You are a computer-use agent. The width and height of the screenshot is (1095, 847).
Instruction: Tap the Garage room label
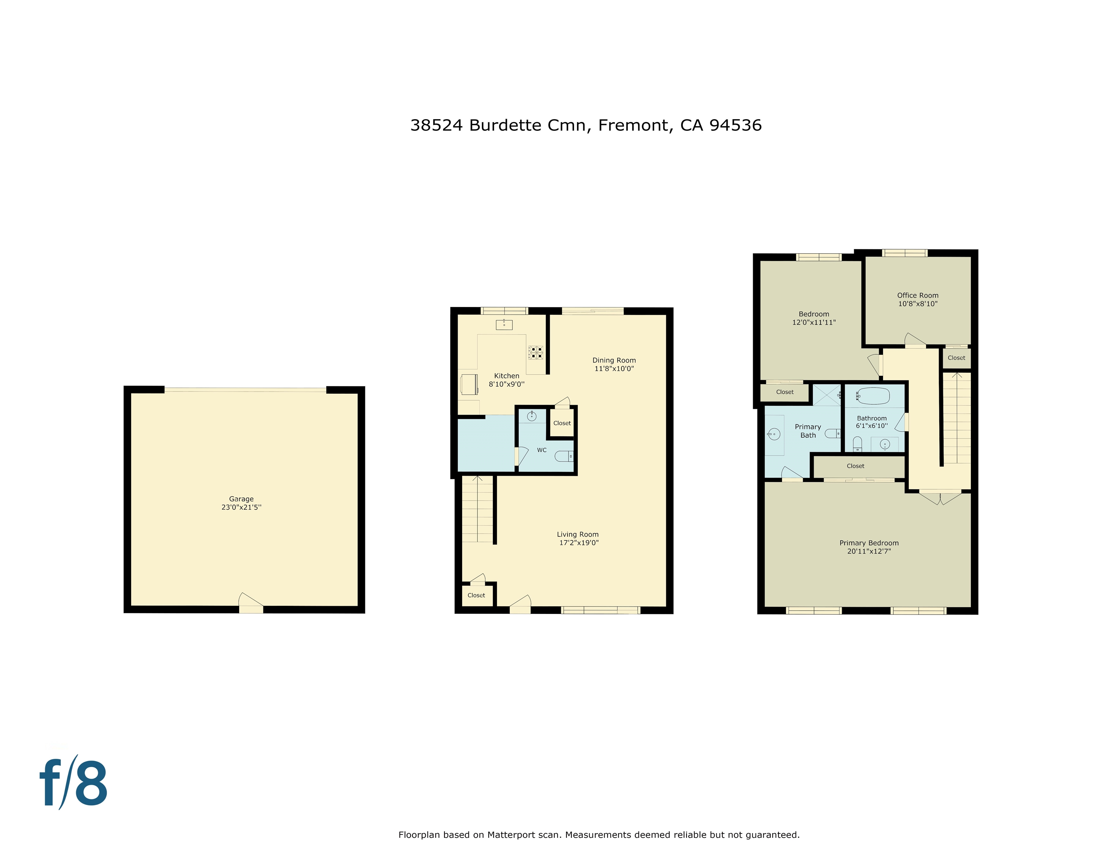click(241, 499)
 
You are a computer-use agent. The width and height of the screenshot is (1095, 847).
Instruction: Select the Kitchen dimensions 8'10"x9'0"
click(507, 385)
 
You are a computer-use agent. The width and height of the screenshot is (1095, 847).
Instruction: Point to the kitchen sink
click(504, 325)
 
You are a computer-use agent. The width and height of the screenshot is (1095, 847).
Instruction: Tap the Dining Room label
click(614, 360)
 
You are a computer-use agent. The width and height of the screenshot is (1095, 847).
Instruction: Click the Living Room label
click(577, 535)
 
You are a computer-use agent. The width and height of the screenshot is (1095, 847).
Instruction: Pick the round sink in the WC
click(532, 416)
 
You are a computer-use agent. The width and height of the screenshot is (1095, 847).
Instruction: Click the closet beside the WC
click(562, 423)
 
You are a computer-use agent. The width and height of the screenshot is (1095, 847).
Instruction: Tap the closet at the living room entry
click(476, 595)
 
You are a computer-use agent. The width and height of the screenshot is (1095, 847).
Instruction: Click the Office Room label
click(918, 296)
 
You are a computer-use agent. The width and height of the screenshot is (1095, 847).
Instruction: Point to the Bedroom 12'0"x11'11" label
click(814, 318)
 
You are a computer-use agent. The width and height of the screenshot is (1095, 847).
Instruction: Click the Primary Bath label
click(808, 431)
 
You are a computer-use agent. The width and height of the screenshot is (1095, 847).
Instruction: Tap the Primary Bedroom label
click(869, 543)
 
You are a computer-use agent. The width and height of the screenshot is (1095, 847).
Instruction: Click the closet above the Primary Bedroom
click(856, 466)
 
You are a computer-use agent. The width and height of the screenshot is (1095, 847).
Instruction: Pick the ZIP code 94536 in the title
click(735, 125)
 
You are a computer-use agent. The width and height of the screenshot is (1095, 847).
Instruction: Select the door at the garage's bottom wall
click(251, 605)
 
